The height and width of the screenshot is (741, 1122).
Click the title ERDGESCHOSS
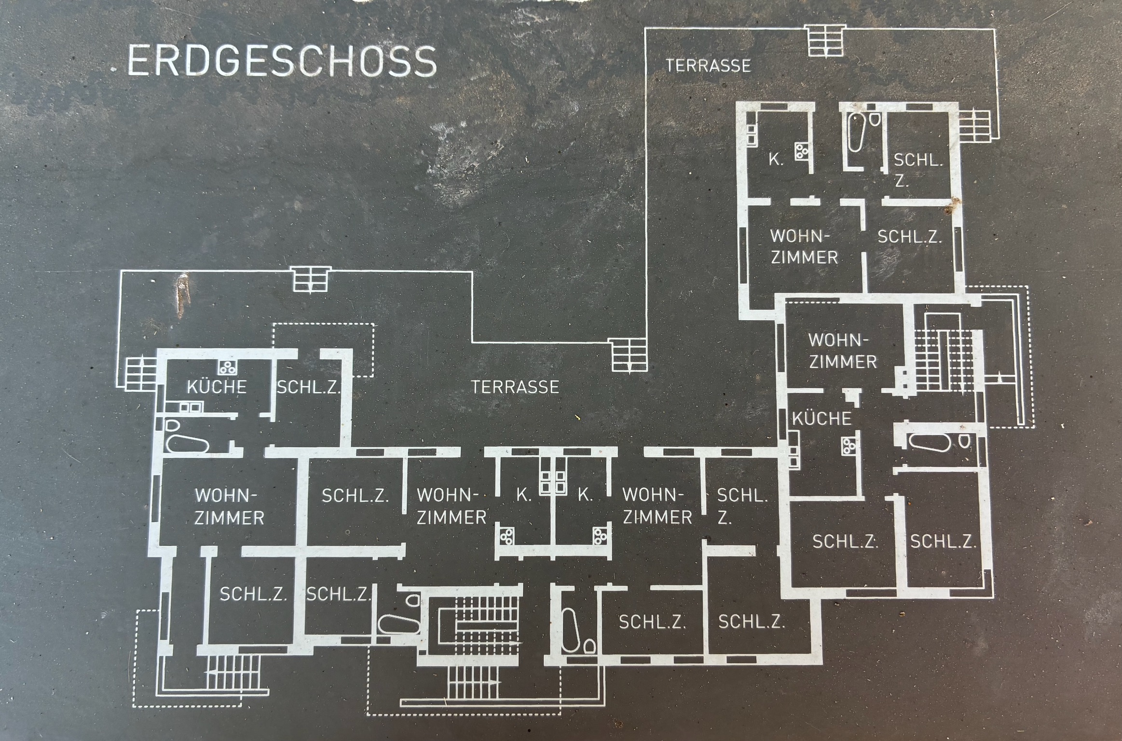tap(282, 61)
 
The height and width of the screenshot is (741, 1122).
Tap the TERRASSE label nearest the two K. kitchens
tap(515, 387)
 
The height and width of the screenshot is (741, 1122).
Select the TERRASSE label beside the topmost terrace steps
tap(708, 66)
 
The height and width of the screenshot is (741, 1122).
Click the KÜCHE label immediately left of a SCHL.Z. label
tap(217, 387)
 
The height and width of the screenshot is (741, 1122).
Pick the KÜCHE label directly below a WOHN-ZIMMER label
tap(821, 419)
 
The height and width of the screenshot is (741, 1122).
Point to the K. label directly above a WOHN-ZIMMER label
tap(776, 160)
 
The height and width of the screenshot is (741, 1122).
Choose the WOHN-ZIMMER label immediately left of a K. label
tap(451, 506)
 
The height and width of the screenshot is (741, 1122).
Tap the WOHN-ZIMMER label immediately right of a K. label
tap(657, 506)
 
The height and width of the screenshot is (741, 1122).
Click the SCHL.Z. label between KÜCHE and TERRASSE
tap(308, 387)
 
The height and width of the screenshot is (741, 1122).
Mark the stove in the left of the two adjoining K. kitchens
tap(506, 536)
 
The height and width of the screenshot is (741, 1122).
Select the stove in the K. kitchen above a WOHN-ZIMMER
tap(802, 152)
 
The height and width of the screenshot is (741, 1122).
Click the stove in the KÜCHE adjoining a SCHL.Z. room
tap(226, 368)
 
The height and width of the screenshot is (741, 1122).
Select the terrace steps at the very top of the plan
tap(825, 41)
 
